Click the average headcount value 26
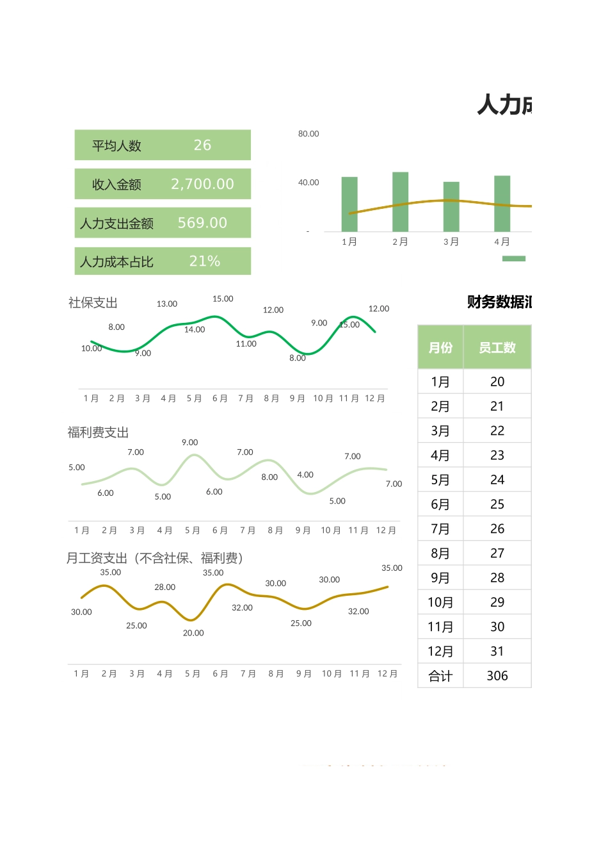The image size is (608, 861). click(202, 145)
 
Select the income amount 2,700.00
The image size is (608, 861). click(202, 184)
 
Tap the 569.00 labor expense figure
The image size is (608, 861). click(202, 223)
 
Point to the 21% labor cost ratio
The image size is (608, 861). click(204, 261)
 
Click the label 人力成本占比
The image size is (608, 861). click(116, 262)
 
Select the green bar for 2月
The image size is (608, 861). click(400, 202)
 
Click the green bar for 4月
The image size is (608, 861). click(502, 204)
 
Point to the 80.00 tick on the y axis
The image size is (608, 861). click(308, 134)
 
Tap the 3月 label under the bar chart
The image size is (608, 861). click(451, 242)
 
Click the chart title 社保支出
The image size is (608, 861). click(93, 303)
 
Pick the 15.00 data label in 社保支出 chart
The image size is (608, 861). click(223, 299)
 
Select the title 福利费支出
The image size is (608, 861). click(98, 432)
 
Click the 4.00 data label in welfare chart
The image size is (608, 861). click(305, 475)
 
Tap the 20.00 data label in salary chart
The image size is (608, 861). click(193, 633)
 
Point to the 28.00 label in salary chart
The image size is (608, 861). click(164, 587)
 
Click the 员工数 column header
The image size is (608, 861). click(497, 347)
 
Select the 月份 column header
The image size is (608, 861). click(440, 347)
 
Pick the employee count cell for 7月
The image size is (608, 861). click(497, 529)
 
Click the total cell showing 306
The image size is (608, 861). click(497, 676)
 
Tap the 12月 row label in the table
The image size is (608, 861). click(440, 652)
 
